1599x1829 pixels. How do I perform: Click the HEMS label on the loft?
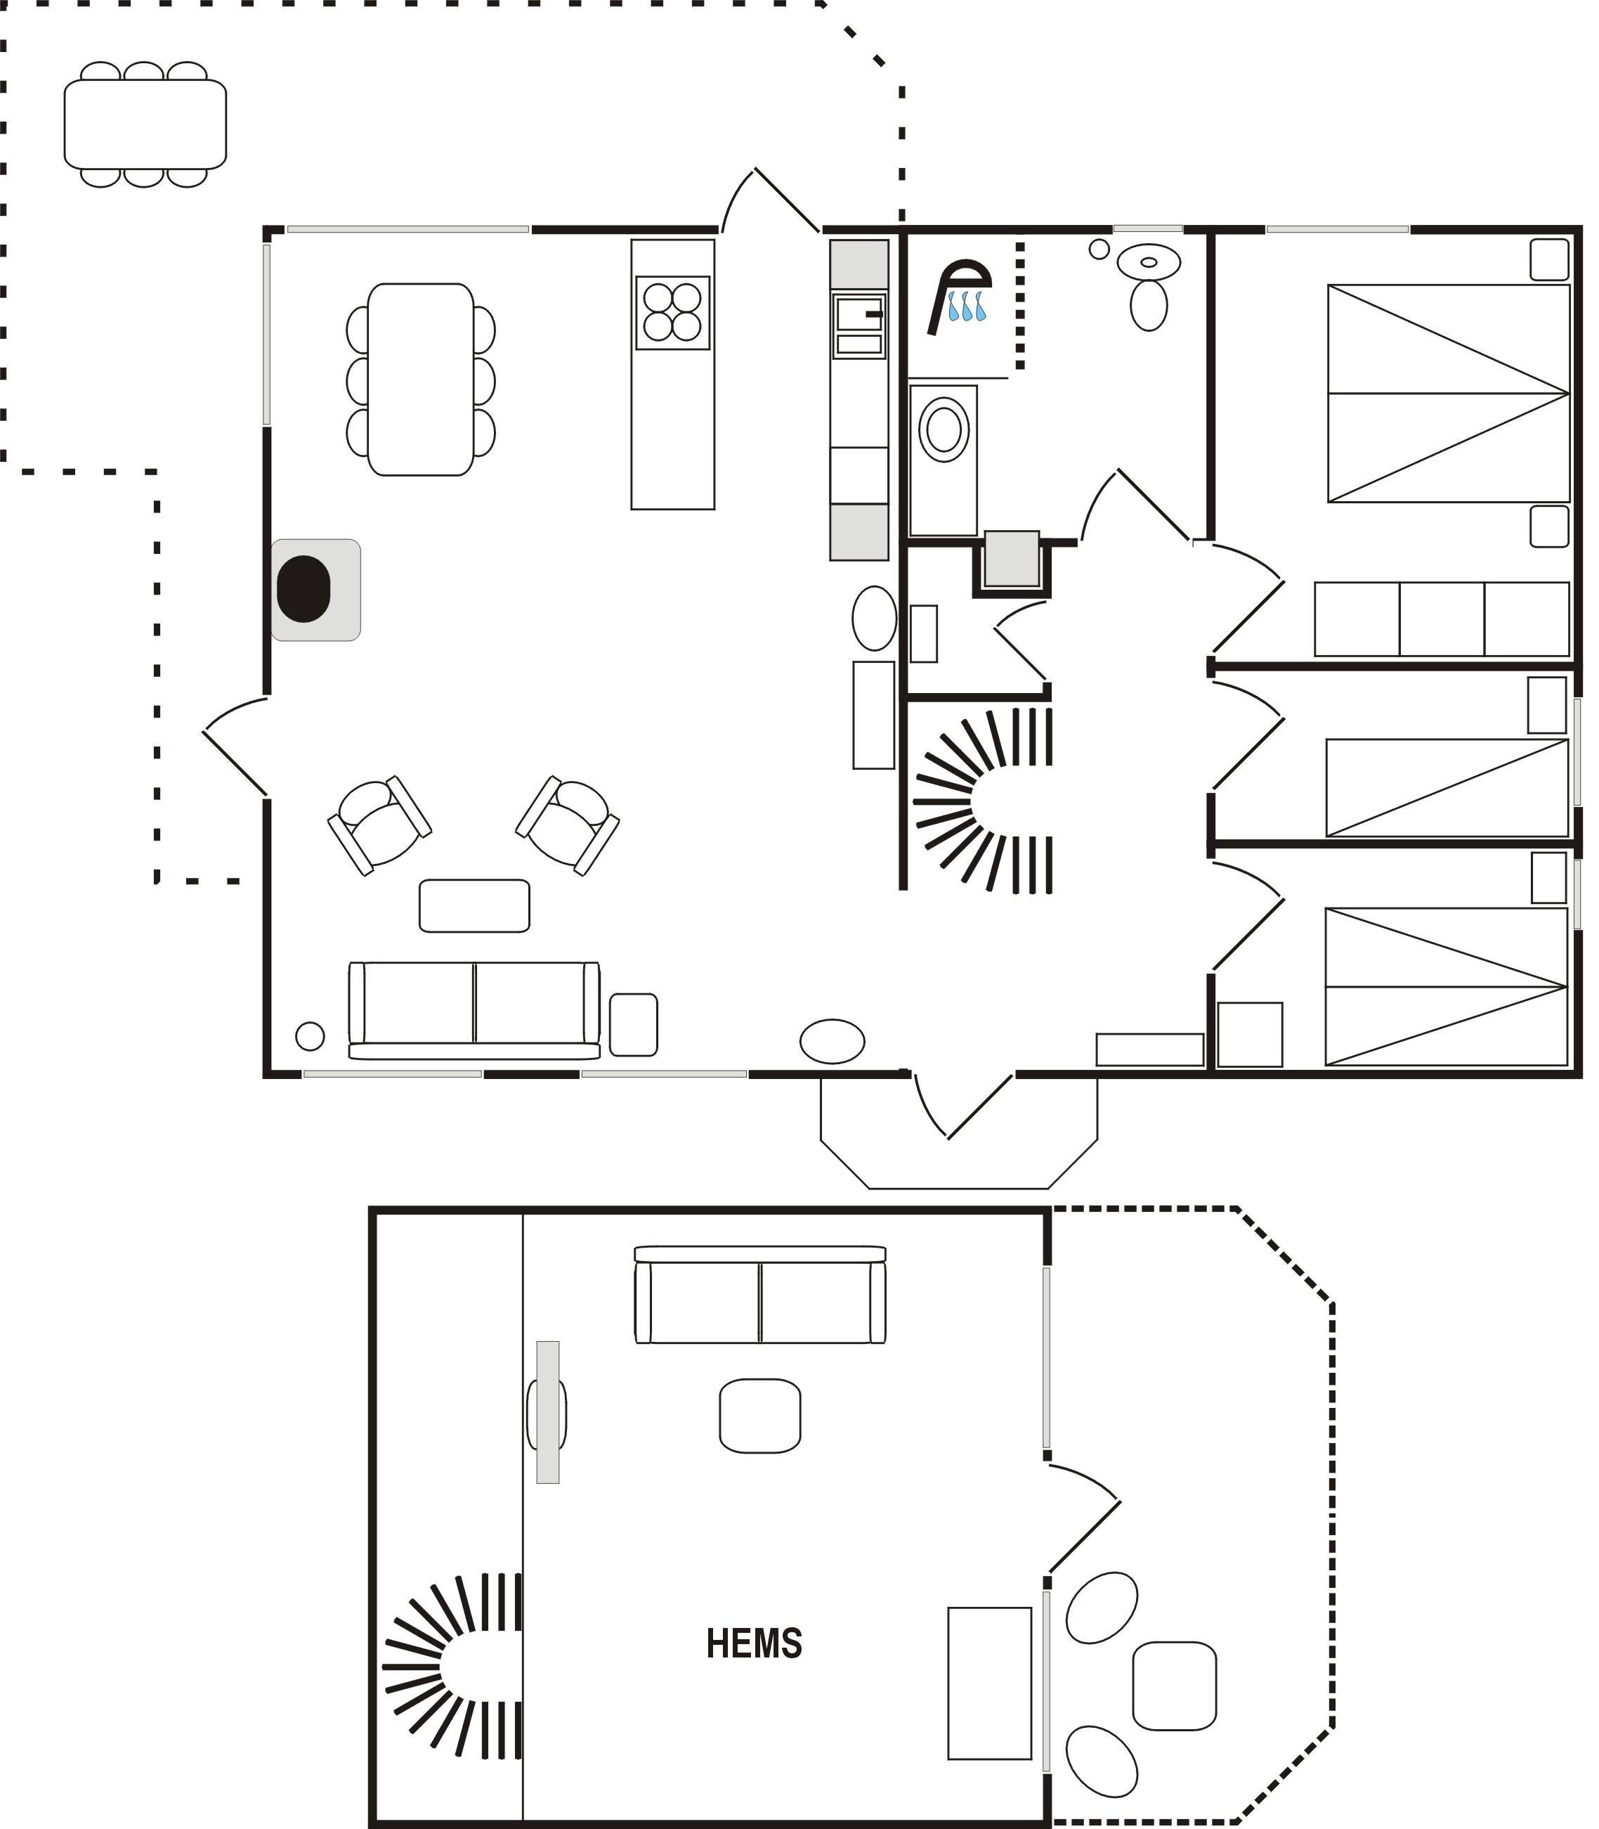coord(754,1643)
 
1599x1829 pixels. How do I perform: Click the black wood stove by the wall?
coord(304,588)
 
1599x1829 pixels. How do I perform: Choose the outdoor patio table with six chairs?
coord(145,124)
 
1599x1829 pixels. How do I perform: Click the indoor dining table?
coord(420,380)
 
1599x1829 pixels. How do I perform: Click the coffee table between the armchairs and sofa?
coord(474,906)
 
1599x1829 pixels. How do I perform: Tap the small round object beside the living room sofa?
coord(310,1036)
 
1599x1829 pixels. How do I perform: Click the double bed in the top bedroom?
coord(1447,393)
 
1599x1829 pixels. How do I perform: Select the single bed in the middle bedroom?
coord(1447,787)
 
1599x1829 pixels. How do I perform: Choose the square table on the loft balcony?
coord(1174,1686)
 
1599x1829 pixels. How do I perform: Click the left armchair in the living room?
coord(380,825)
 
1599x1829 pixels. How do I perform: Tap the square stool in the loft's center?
coord(759,1416)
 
